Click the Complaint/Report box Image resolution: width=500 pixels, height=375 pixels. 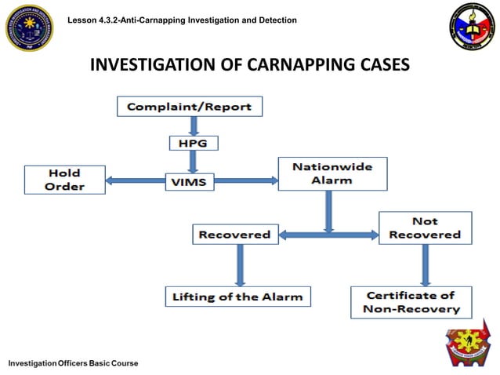pyautogui.click(x=190, y=106)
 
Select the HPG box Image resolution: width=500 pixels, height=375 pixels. pyautogui.click(x=193, y=143)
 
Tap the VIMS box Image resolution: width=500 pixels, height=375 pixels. pyautogui.click(x=188, y=181)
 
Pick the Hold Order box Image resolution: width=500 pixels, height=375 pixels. pyautogui.click(x=64, y=180)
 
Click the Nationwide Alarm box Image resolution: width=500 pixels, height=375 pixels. pyautogui.click(x=332, y=173)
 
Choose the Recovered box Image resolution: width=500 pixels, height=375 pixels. pyautogui.click(x=234, y=234)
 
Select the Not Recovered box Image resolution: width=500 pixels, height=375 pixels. pyautogui.click(x=425, y=228)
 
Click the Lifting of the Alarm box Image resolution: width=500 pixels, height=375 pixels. pyautogui.click(x=237, y=297)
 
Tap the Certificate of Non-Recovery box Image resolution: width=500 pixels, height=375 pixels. pyautogui.click(x=411, y=302)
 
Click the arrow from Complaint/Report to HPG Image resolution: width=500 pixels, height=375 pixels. pyautogui.click(x=192, y=126)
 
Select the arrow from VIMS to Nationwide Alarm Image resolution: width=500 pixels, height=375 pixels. pyautogui.click(x=245, y=181)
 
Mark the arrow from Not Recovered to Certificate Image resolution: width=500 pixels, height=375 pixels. pyautogui.click(x=425, y=264)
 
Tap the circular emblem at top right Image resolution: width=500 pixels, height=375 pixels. pyautogui.click(x=472, y=27)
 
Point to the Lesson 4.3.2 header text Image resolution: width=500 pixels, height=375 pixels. pyautogui.click(x=183, y=19)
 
